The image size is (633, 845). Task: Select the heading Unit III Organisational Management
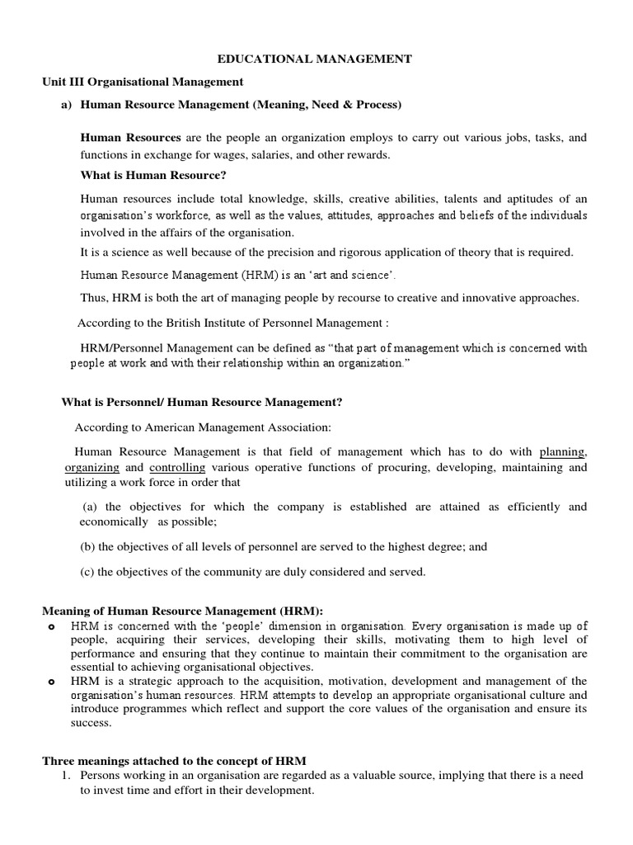pos(143,82)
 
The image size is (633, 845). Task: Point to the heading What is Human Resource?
pos(152,175)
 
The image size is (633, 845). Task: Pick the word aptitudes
pos(516,199)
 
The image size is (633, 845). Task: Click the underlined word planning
pos(563,451)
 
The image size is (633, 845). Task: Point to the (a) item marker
pos(91,507)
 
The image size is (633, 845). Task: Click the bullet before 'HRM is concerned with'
pos(51,626)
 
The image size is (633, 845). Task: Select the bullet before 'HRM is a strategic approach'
pos(51,682)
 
